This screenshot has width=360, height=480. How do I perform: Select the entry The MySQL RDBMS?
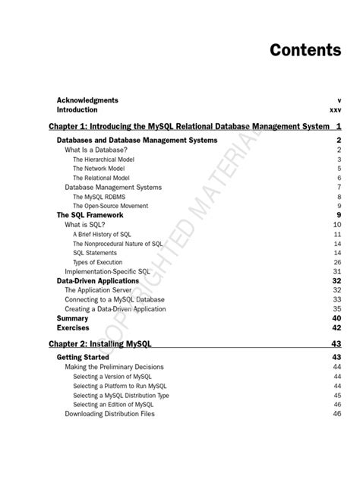click(x=101, y=197)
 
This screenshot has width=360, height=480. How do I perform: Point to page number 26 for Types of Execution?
click(x=336, y=262)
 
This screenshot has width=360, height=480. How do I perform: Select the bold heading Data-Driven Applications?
click(x=98, y=280)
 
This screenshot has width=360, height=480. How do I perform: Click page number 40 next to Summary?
click(x=336, y=318)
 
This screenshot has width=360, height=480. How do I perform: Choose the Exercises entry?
click(x=73, y=327)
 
